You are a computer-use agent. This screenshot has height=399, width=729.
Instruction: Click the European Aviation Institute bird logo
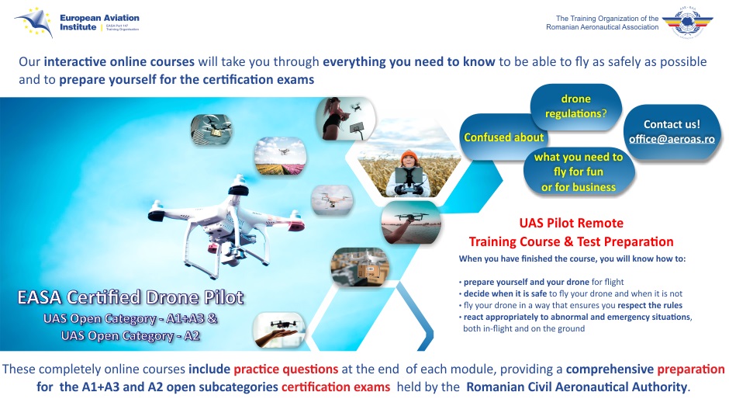(x=33, y=21)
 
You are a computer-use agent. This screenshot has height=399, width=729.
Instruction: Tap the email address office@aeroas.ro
(x=672, y=139)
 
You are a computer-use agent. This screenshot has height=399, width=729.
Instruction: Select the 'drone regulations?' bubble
(x=575, y=106)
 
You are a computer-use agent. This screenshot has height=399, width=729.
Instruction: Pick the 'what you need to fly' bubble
(x=578, y=172)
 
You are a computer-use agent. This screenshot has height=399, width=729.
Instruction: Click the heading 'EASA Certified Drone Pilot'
(x=130, y=297)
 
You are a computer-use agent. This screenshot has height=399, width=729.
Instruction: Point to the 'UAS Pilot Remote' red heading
(x=571, y=224)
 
